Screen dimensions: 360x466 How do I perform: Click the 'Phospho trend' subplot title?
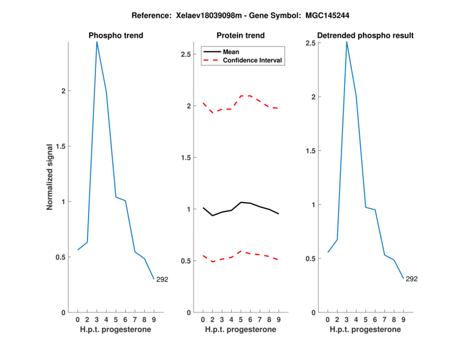(115, 36)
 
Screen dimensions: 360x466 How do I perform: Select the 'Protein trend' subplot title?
(241, 36)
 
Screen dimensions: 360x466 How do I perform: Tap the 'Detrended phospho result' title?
(365, 36)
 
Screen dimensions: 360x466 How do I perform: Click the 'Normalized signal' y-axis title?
(50, 177)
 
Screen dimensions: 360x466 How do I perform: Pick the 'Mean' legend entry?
(231, 52)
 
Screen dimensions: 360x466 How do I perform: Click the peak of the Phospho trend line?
(97, 42)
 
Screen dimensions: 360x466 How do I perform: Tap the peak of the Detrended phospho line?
(347, 42)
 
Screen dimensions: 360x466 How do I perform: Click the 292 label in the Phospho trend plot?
(162, 280)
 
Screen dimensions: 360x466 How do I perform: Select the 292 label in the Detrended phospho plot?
(411, 279)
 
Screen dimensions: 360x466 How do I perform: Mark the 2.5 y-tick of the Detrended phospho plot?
(313, 43)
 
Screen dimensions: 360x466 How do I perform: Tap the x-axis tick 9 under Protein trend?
(278, 319)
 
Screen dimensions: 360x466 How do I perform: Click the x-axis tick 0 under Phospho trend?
(77, 319)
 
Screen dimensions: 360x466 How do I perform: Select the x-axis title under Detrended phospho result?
(365, 329)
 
